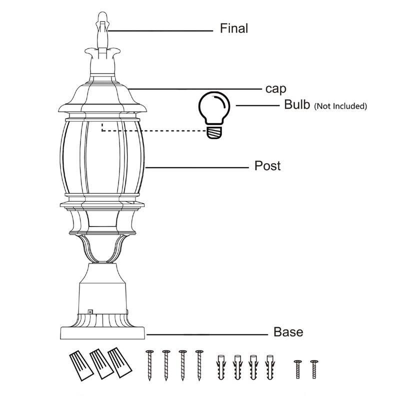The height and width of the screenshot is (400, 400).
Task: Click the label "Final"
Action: click(x=233, y=28)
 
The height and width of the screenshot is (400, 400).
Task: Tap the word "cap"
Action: click(x=275, y=89)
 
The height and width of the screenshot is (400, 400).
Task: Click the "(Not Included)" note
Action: click(x=340, y=106)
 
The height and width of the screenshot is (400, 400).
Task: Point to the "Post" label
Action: click(x=267, y=165)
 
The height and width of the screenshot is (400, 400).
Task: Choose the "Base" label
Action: click(x=288, y=331)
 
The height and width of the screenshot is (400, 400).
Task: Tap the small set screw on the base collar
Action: click(x=91, y=311)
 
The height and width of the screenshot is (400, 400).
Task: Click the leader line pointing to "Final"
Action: click(x=160, y=30)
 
